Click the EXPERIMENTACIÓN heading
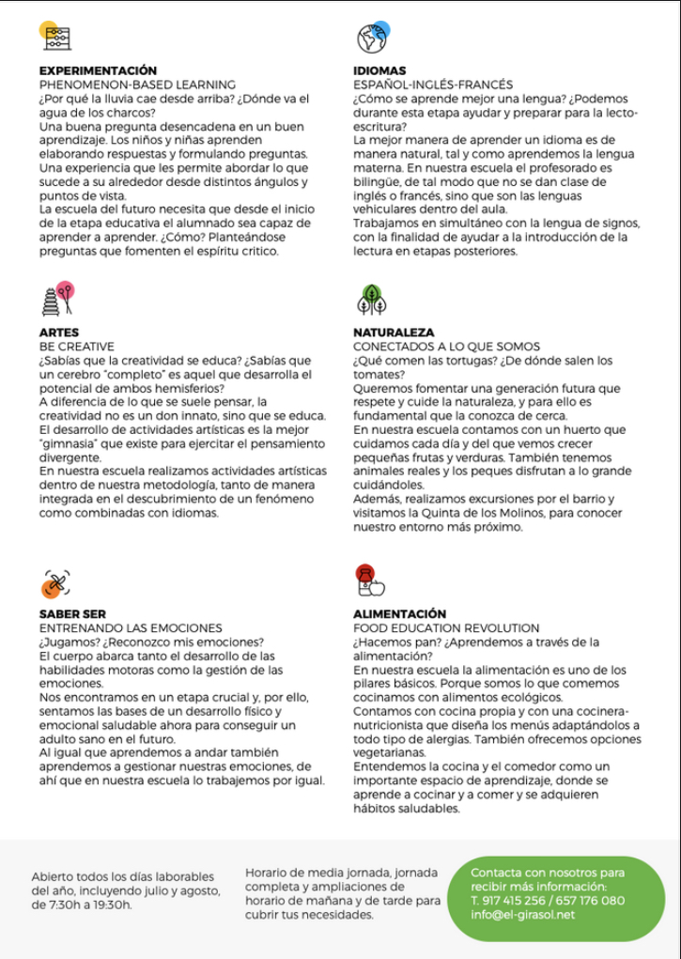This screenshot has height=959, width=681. [98, 70]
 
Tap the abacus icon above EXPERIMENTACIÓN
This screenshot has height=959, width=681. [57, 38]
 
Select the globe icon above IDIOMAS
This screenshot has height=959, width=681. [372, 38]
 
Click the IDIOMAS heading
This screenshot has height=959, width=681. [379, 70]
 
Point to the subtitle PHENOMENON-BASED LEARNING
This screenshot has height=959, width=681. [137, 85]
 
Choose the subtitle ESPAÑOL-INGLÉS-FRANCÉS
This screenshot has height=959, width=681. [433, 85]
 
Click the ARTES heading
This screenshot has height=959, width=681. [59, 333]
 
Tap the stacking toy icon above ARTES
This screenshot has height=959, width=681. [56, 300]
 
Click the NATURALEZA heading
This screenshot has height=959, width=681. [394, 333]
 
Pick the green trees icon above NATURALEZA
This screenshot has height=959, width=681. [372, 300]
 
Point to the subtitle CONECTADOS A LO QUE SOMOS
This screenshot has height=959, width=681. [447, 347]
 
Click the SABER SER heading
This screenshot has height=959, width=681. [72, 614]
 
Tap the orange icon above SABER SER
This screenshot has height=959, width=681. [55, 583]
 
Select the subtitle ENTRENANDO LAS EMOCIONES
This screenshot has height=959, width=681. [131, 627]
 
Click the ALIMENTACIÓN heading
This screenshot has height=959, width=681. [399, 614]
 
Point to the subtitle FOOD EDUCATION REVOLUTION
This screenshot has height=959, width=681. [446, 627]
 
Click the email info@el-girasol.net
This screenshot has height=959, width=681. [522, 915]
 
